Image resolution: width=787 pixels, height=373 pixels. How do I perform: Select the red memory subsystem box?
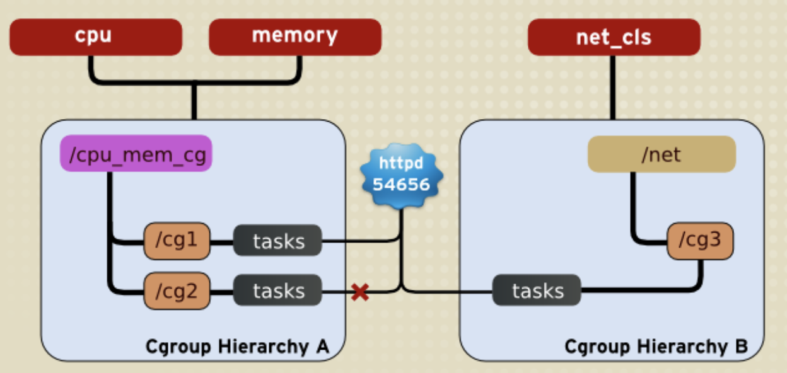(x=294, y=37)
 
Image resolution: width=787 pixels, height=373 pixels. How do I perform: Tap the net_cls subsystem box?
(x=614, y=37)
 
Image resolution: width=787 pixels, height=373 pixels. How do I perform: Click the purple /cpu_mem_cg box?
(x=136, y=154)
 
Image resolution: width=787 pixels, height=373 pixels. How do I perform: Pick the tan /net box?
(x=662, y=154)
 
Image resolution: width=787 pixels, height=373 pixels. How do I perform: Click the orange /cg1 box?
(x=176, y=241)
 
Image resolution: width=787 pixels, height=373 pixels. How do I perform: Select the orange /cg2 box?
(x=176, y=291)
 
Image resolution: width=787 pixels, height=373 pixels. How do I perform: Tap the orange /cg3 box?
(x=700, y=241)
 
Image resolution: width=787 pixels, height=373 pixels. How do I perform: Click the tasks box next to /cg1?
(x=278, y=241)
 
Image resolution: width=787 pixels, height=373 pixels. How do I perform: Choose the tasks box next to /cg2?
(x=278, y=291)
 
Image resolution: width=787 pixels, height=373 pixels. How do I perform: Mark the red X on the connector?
(x=360, y=292)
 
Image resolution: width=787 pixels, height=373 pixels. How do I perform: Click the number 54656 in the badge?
(x=402, y=185)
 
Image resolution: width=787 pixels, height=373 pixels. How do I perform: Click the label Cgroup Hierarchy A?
(x=237, y=346)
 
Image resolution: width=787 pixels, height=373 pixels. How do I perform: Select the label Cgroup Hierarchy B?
(x=656, y=346)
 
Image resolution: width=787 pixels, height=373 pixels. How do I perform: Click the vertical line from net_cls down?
(x=612, y=88)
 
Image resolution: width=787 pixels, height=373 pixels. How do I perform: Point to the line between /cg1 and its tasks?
(x=221, y=241)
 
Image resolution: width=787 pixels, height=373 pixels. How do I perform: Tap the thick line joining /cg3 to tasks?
(x=637, y=290)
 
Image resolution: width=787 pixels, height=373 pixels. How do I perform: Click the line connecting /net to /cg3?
(x=633, y=208)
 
